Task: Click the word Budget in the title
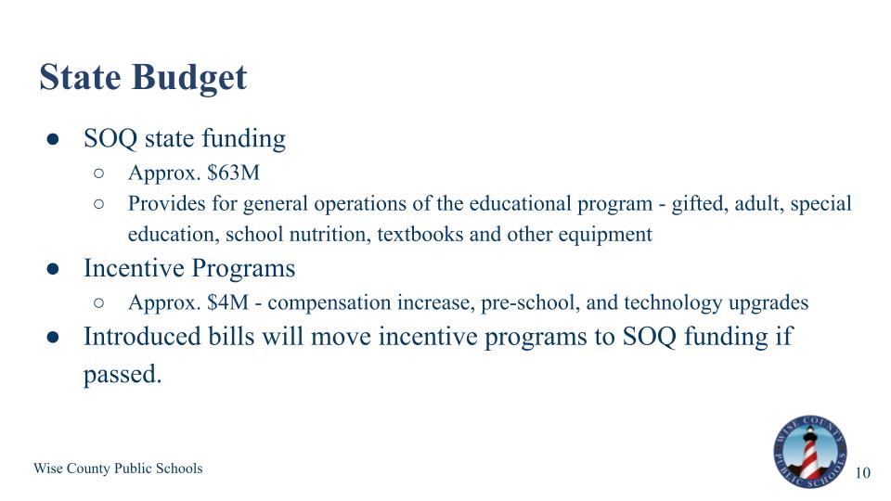[x=189, y=78]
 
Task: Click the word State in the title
[x=80, y=77]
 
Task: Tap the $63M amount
[x=233, y=173]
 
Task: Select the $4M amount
[x=228, y=302]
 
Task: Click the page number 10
[x=862, y=472]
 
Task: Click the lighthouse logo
[x=809, y=452]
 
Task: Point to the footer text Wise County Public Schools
[x=118, y=468]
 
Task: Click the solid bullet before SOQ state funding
[x=53, y=140]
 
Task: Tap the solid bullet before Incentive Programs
[x=53, y=269]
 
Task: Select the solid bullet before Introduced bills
[x=53, y=338]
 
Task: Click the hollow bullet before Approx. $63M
[x=99, y=173]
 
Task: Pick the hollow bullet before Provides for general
[x=99, y=204]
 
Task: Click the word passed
[x=123, y=375]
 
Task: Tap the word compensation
[x=329, y=303]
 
